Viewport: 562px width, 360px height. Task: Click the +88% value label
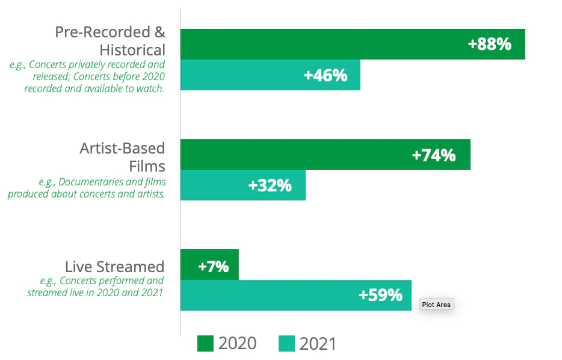(x=489, y=44)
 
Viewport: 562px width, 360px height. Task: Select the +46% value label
(x=326, y=75)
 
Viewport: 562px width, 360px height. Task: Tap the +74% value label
(x=433, y=155)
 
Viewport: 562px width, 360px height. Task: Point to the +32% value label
(x=270, y=185)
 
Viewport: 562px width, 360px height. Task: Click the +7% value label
(x=214, y=265)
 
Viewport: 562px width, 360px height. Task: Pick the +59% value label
(x=380, y=296)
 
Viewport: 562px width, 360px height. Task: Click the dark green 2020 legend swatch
(x=205, y=344)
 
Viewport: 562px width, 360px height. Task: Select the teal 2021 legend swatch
(x=287, y=344)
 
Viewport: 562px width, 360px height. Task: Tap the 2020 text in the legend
(x=237, y=344)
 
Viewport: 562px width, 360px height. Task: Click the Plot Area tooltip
(x=436, y=305)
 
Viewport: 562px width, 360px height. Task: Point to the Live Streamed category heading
(x=114, y=267)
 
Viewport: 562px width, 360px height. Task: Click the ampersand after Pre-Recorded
(x=159, y=32)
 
